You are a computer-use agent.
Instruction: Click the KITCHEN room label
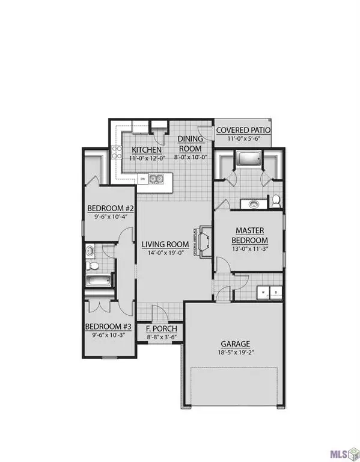147,149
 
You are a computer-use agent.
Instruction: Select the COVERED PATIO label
243,130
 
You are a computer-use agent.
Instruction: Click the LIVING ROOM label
165,245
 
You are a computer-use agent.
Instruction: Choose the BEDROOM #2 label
109,209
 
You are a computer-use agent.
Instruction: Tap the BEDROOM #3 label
108,327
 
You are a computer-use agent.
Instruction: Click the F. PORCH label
162,329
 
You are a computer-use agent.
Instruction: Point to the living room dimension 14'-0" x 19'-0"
165,253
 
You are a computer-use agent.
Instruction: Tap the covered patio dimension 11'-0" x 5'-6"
243,139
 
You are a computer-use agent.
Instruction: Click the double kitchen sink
157,179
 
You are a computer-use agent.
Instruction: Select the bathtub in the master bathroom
248,159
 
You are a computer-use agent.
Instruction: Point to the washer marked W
263,293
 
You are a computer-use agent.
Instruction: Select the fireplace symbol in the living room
203,242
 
